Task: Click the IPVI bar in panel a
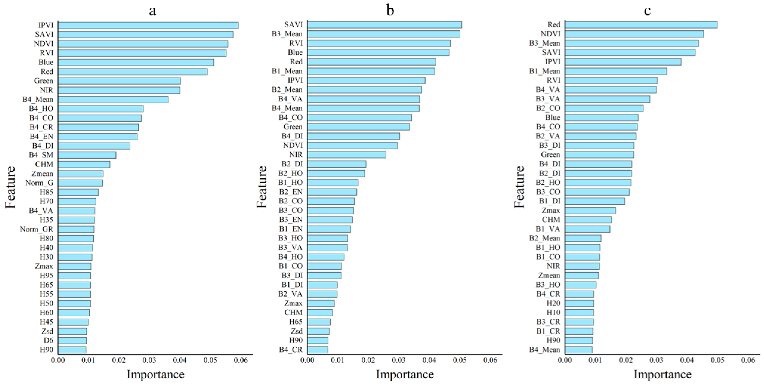[x=148, y=25]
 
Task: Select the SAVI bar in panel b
[x=384, y=25]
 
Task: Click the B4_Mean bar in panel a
[x=113, y=99]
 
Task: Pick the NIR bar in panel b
[x=346, y=154]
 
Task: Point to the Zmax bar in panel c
[x=590, y=210]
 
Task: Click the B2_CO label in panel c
[x=548, y=108]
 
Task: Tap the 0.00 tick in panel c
[x=565, y=360]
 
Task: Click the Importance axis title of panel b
[x=405, y=374]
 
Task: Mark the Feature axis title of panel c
[x=519, y=187]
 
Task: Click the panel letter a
[x=152, y=11]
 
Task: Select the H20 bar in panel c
[x=579, y=303]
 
